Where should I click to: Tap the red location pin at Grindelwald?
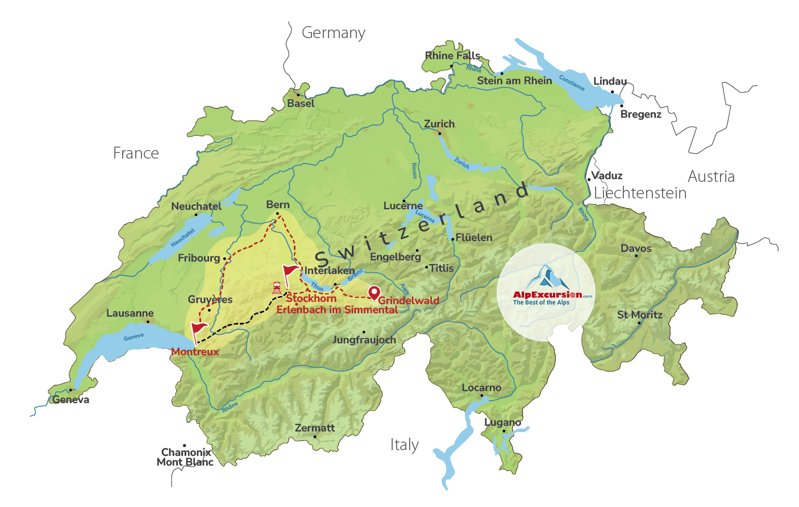pos(374,293)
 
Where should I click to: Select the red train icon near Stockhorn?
pos(277,288)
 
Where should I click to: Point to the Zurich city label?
pos(439,124)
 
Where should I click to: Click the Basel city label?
pos(301,103)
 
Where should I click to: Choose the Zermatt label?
pos(315,428)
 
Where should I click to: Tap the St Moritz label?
pos(640,315)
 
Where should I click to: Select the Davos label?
pos(636,248)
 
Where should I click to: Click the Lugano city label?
pos(502,422)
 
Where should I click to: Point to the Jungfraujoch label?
pos(364,340)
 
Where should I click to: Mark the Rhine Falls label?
pos(452,56)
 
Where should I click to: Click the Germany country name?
pos(334,33)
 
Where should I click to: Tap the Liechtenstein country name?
pos(640,193)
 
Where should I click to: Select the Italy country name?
pos(405,445)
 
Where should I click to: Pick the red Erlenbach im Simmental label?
pos(337,310)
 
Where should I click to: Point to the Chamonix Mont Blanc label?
pos(185,457)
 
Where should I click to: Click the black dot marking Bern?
pos(277,214)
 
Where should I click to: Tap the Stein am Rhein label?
pos(514,81)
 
